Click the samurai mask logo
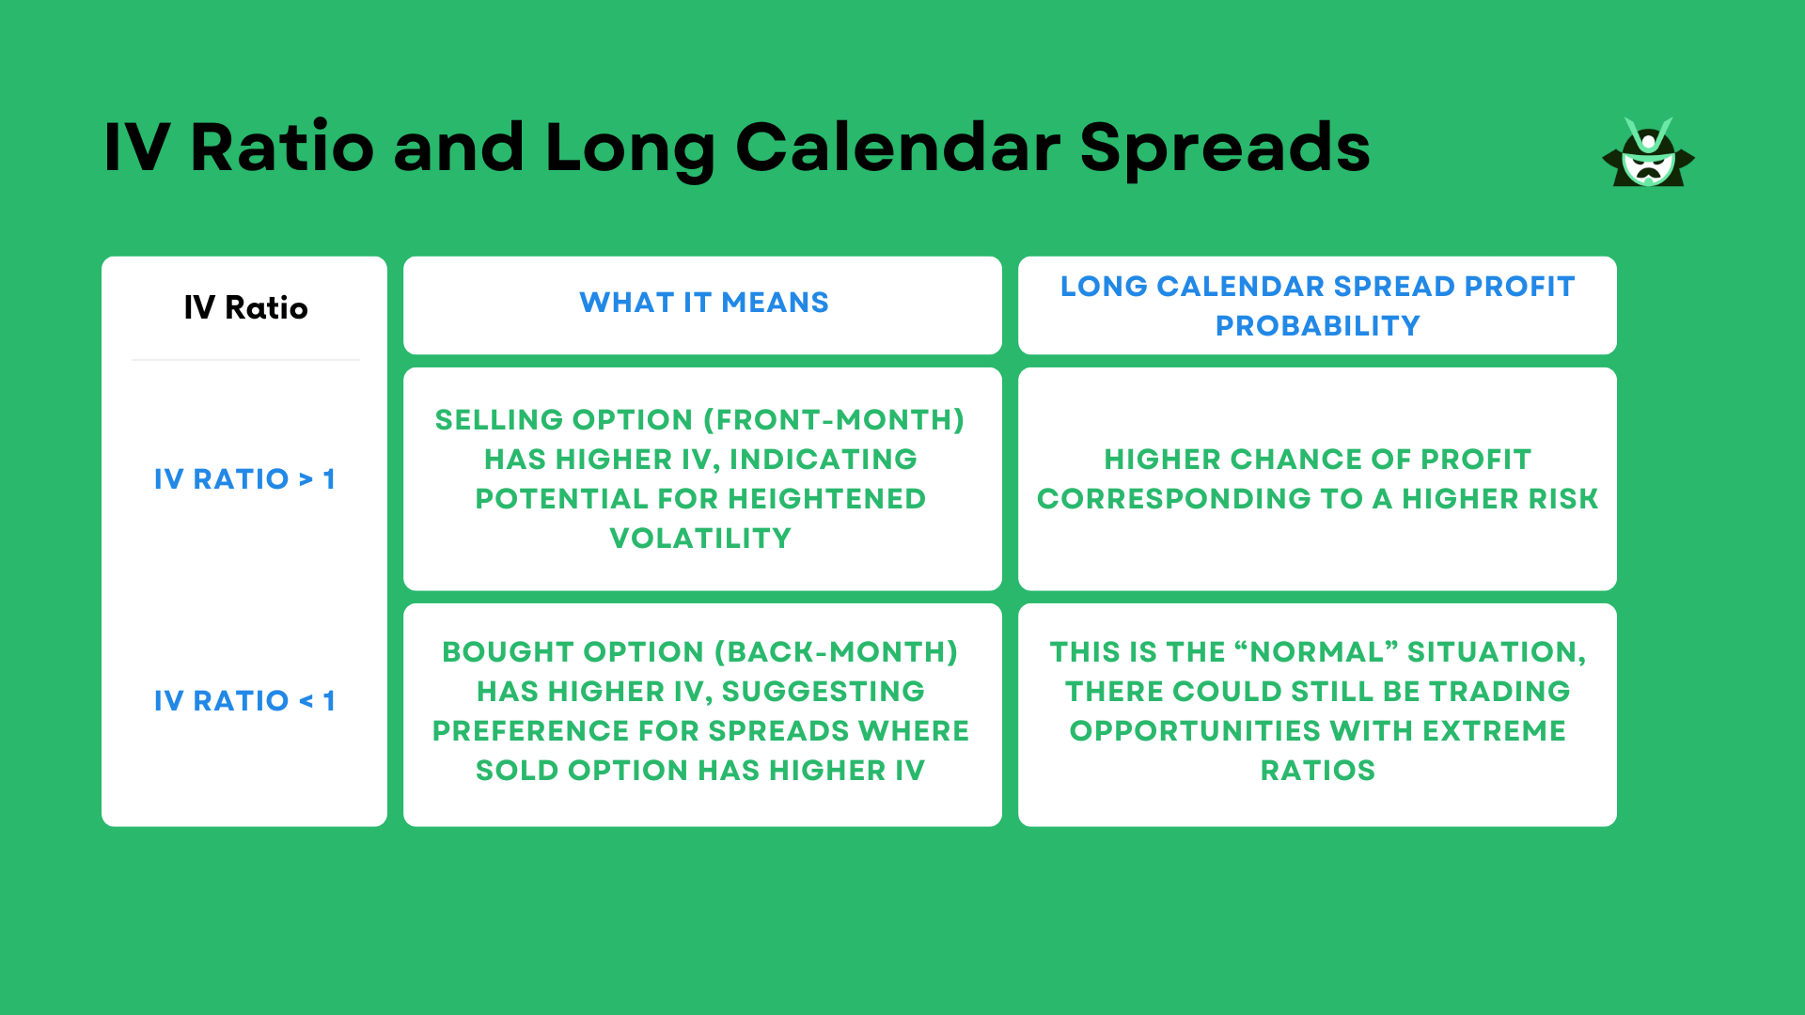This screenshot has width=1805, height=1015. point(1648,154)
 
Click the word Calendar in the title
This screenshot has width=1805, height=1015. point(898,148)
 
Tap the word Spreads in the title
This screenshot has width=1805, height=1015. point(1225,148)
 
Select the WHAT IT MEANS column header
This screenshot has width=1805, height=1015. point(703,303)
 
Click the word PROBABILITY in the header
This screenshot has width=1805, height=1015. point(1317,326)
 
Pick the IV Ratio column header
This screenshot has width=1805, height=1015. point(245,308)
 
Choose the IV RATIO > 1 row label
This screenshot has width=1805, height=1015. point(244,479)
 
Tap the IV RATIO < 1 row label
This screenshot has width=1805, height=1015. point(244,701)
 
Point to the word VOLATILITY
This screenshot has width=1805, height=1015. point(700,539)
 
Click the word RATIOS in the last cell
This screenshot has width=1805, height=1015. point(1317,771)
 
